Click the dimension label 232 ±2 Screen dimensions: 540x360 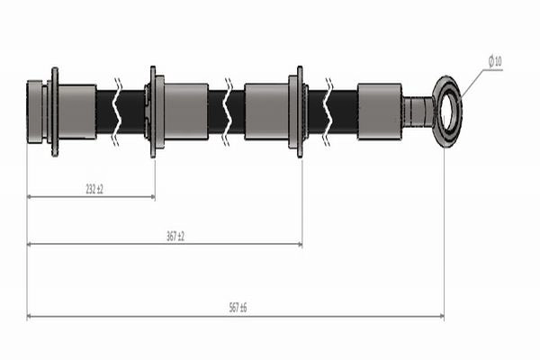pyautogui.click(x=94, y=189)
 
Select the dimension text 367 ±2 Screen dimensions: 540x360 pyautogui.click(x=175, y=237)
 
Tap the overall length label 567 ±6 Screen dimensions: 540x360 pyautogui.click(x=238, y=307)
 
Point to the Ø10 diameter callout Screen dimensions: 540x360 pyautogui.click(x=495, y=61)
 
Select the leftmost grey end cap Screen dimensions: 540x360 pyautogui.click(x=34, y=112)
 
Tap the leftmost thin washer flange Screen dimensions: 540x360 pyautogui.click(x=55, y=112)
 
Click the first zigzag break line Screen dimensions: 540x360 pyautogui.click(x=118, y=112)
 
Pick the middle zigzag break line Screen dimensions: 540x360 pyautogui.click(x=228, y=112)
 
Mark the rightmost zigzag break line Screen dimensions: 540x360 pyautogui.click(x=328, y=112)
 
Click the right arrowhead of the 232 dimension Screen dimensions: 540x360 pyautogui.click(x=153, y=197)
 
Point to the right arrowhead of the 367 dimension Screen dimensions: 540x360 pyautogui.click(x=300, y=244)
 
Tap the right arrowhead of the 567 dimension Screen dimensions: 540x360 pyautogui.click(x=442, y=316)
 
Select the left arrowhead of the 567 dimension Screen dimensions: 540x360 pyautogui.click(x=30, y=316)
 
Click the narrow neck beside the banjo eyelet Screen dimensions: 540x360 pyautogui.click(x=418, y=112)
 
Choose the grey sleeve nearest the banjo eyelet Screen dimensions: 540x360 pyautogui.click(x=380, y=112)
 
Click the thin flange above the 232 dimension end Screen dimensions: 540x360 pyautogui.click(x=153, y=112)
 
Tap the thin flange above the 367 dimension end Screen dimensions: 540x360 pyautogui.click(x=300, y=112)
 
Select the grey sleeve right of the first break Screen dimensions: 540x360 pyautogui.click(x=186, y=112)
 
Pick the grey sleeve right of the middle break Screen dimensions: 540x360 pyautogui.click(x=266, y=112)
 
